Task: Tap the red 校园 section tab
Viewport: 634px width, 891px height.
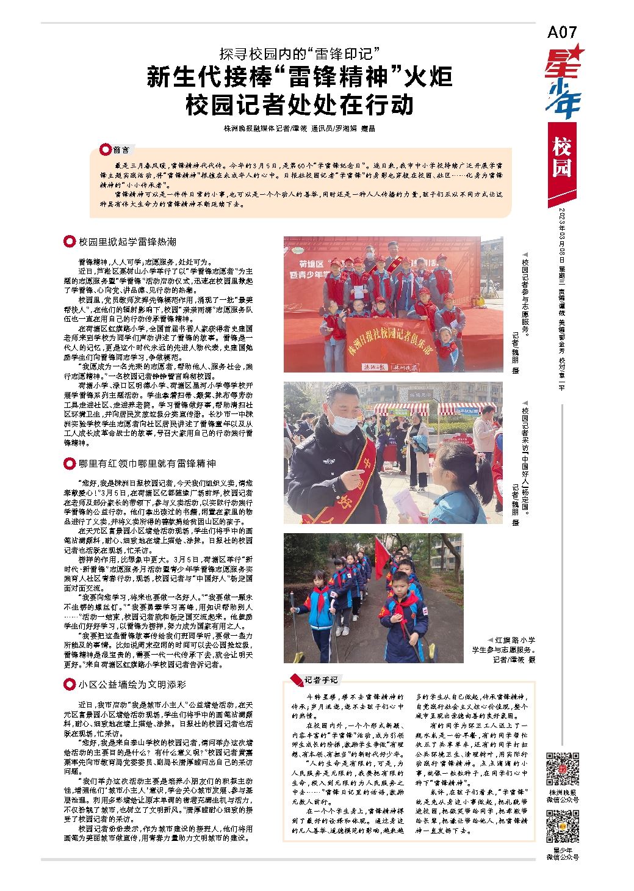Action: point(561,157)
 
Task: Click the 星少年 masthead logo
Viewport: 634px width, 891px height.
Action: point(563,83)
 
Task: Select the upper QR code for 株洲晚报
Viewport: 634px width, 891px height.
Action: point(562,769)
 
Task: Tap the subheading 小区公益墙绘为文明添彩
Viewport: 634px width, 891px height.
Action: point(131,685)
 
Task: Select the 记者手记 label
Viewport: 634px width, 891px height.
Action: point(319,680)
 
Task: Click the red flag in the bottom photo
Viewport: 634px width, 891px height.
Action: point(381,559)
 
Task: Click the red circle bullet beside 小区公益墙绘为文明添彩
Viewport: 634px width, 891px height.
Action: point(69,685)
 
